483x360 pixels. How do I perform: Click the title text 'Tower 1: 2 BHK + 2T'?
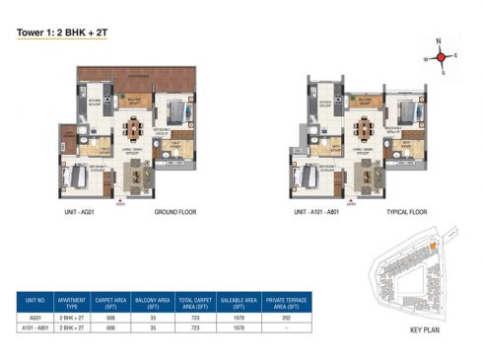pyautogui.click(x=60, y=32)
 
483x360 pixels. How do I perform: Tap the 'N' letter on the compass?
pyautogui.click(x=439, y=41)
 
